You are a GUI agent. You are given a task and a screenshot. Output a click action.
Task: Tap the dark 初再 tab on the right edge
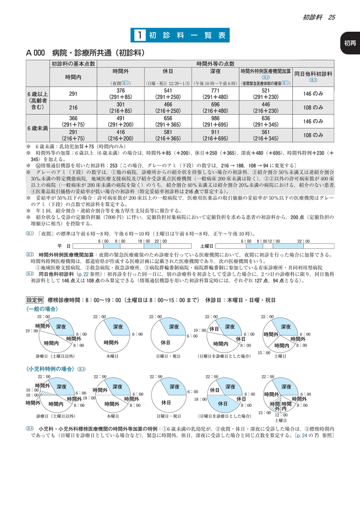coord(350,43)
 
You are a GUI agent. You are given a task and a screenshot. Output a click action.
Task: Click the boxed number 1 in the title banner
coord(140,35)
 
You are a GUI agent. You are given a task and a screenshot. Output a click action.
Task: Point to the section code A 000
coord(35,53)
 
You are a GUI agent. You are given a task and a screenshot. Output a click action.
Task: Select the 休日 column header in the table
coord(169,72)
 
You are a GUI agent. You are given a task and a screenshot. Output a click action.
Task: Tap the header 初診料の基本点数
coord(74,63)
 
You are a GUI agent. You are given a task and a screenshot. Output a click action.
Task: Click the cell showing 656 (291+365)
coord(169,122)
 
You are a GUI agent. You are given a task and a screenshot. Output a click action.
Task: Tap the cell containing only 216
coord(74,107)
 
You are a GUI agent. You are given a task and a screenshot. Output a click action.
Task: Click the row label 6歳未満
coord(38,128)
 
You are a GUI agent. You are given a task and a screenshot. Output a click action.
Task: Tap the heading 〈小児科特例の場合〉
coord(50,369)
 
